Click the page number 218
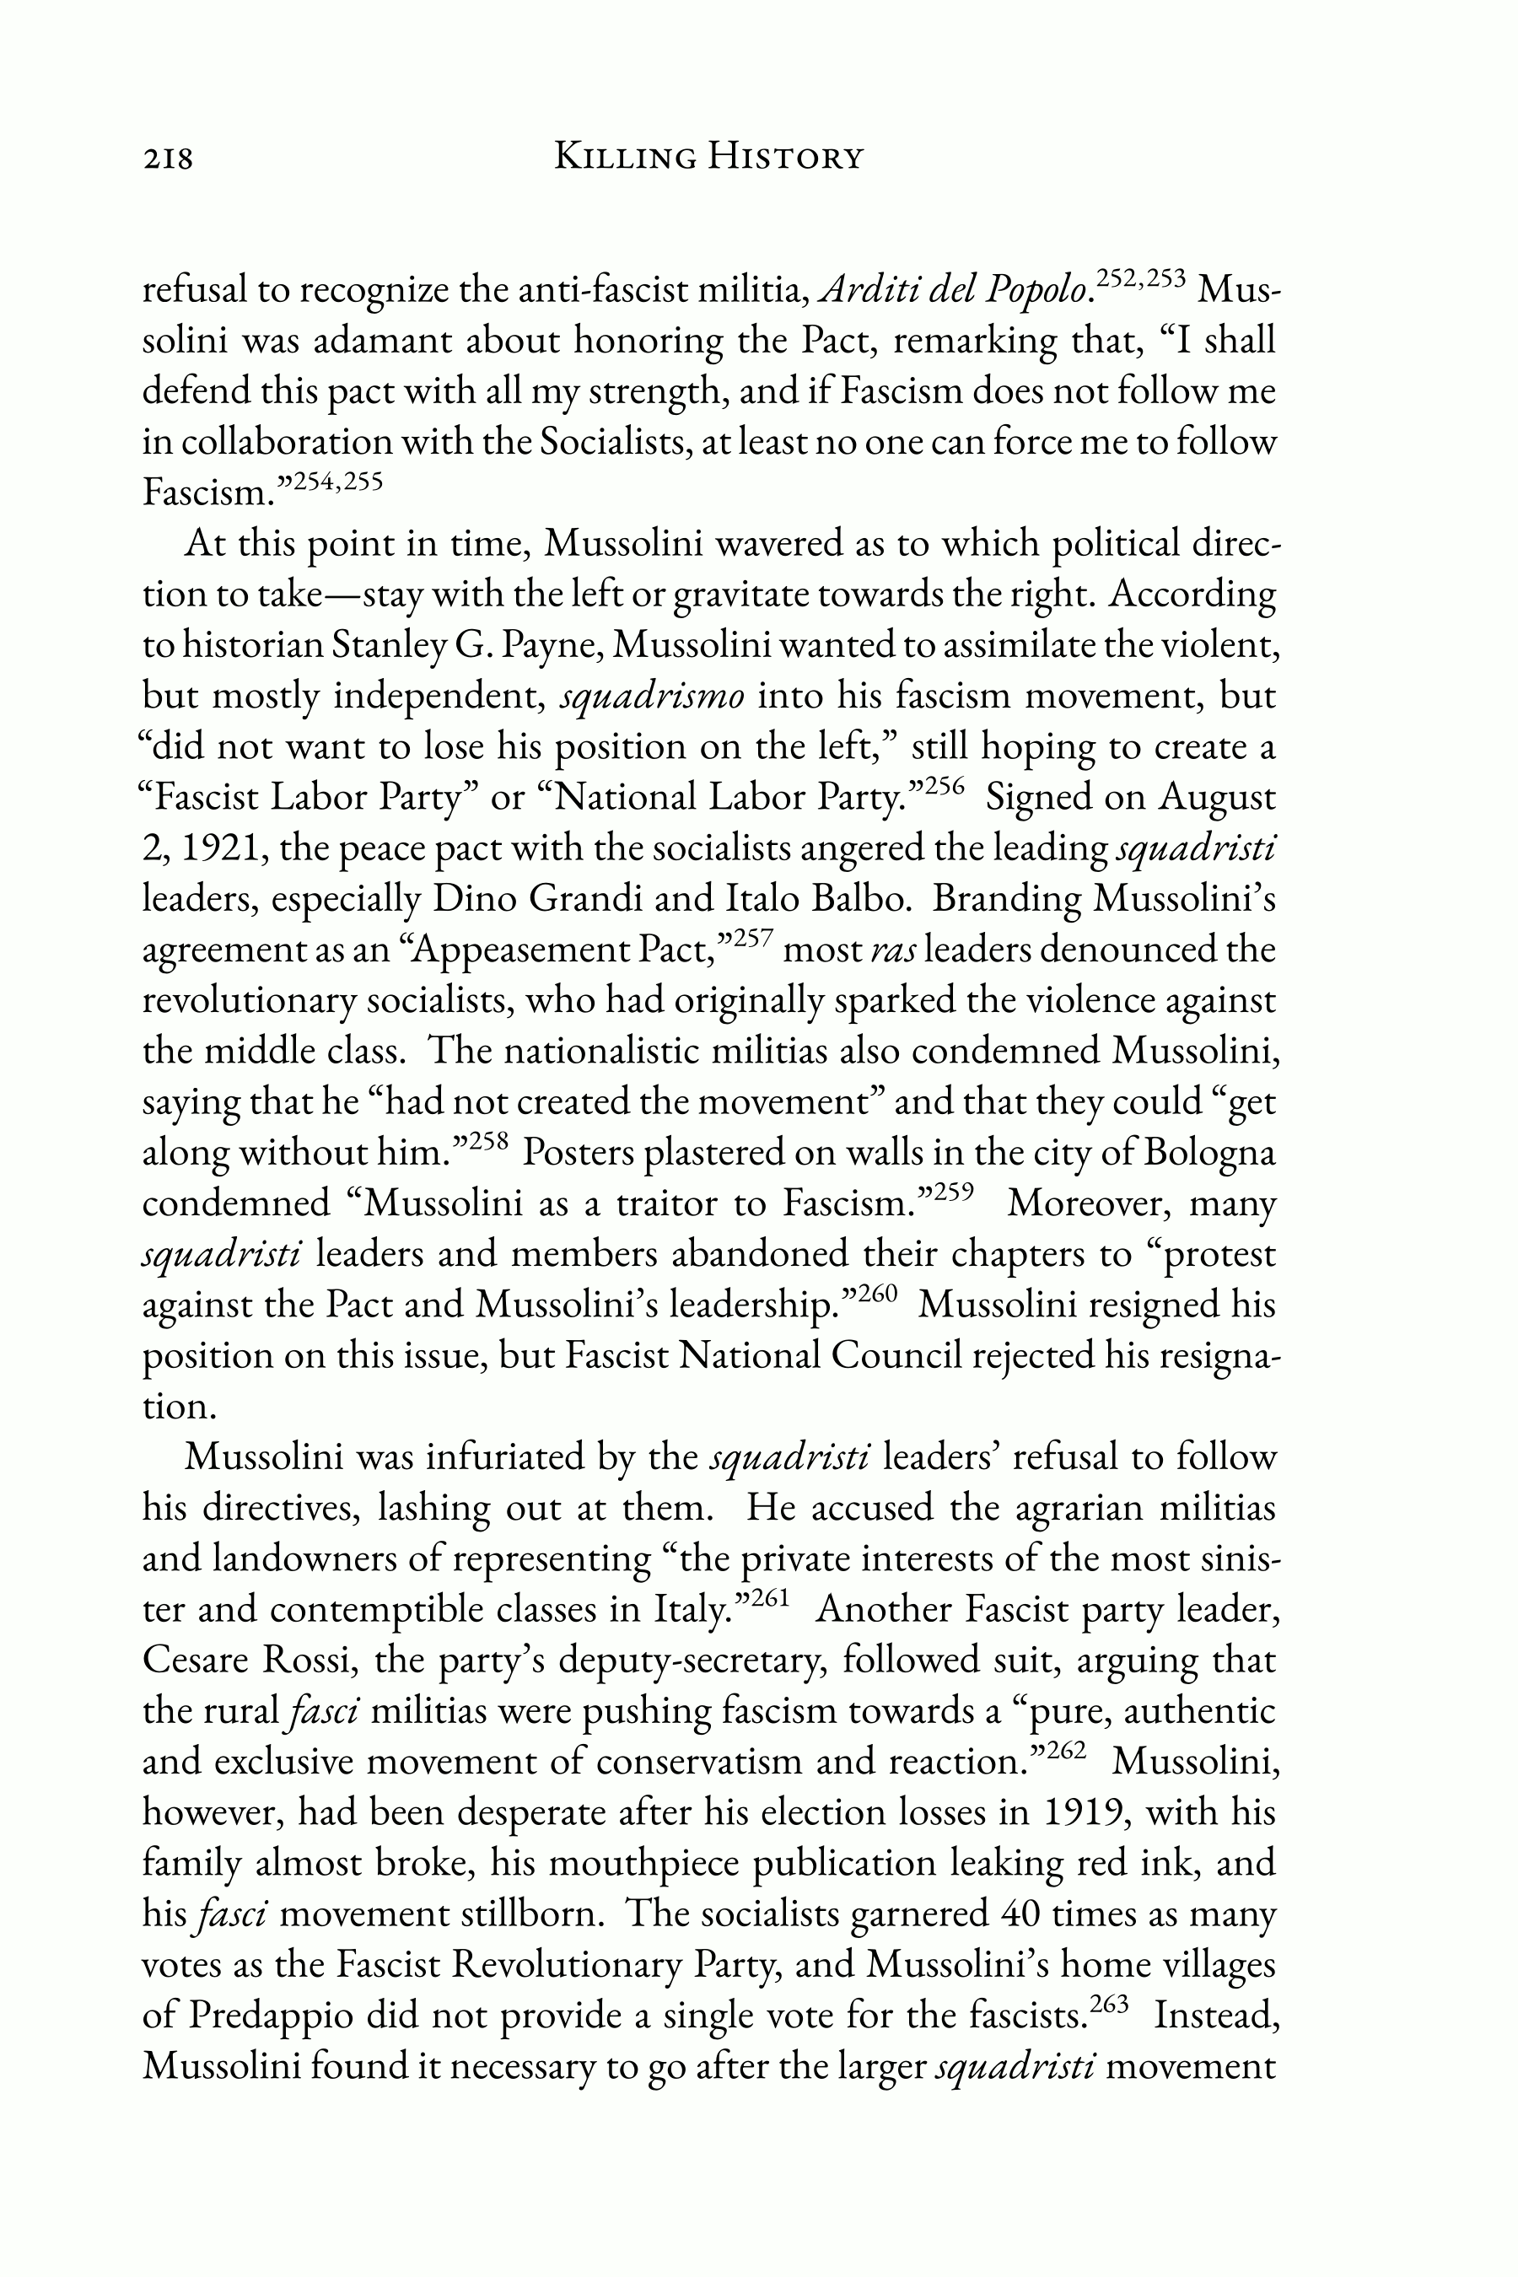169,157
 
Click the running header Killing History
708,156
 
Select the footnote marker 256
946,786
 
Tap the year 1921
222,849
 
